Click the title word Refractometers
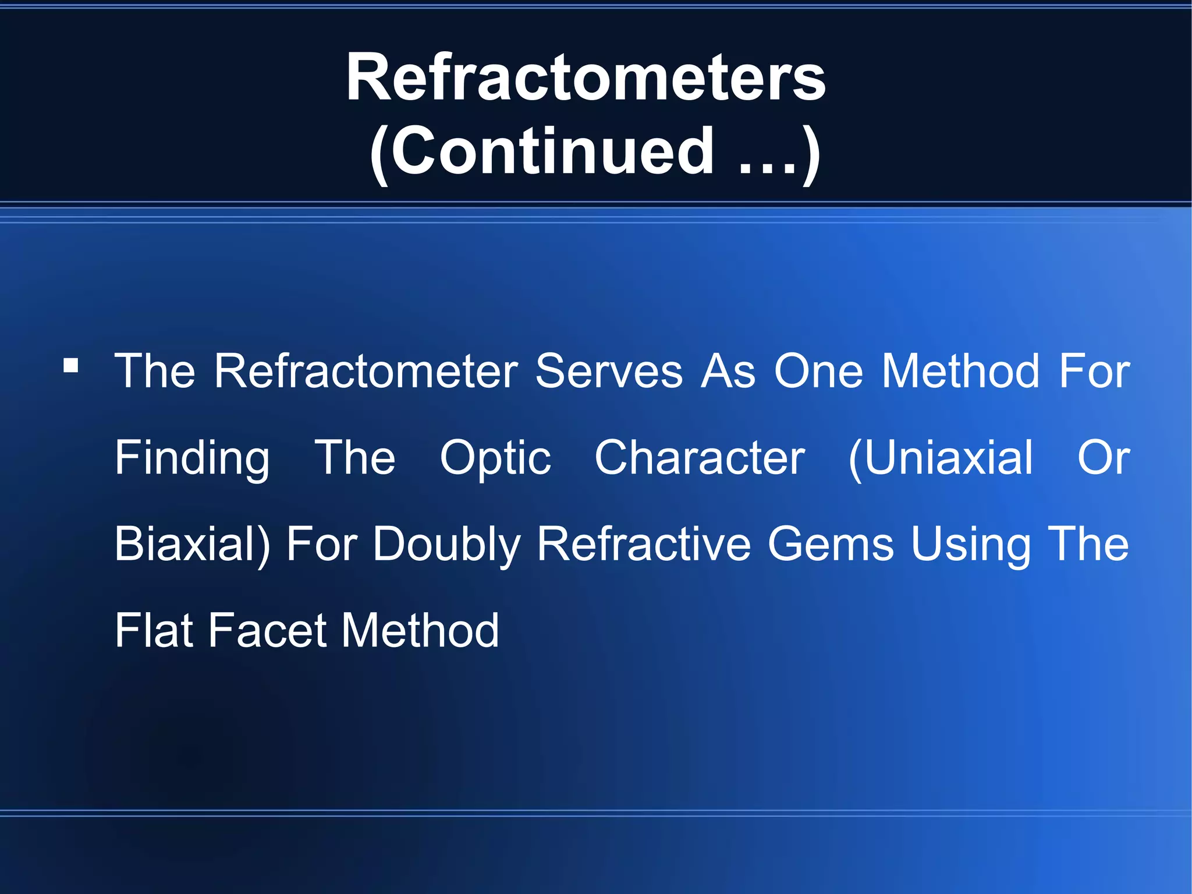(x=586, y=77)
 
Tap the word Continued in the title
(x=552, y=151)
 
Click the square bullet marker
(x=71, y=366)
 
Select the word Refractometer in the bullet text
(x=366, y=371)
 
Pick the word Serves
(x=609, y=371)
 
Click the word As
(x=728, y=371)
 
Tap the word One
(x=818, y=371)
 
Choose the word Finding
(x=192, y=458)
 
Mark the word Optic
(x=495, y=458)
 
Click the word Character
(x=700, y=458)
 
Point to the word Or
(x=1103, y=458)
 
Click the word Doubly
(x=446, y=545)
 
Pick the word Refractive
(x=644, y=544)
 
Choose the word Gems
(x=831, y=544)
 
